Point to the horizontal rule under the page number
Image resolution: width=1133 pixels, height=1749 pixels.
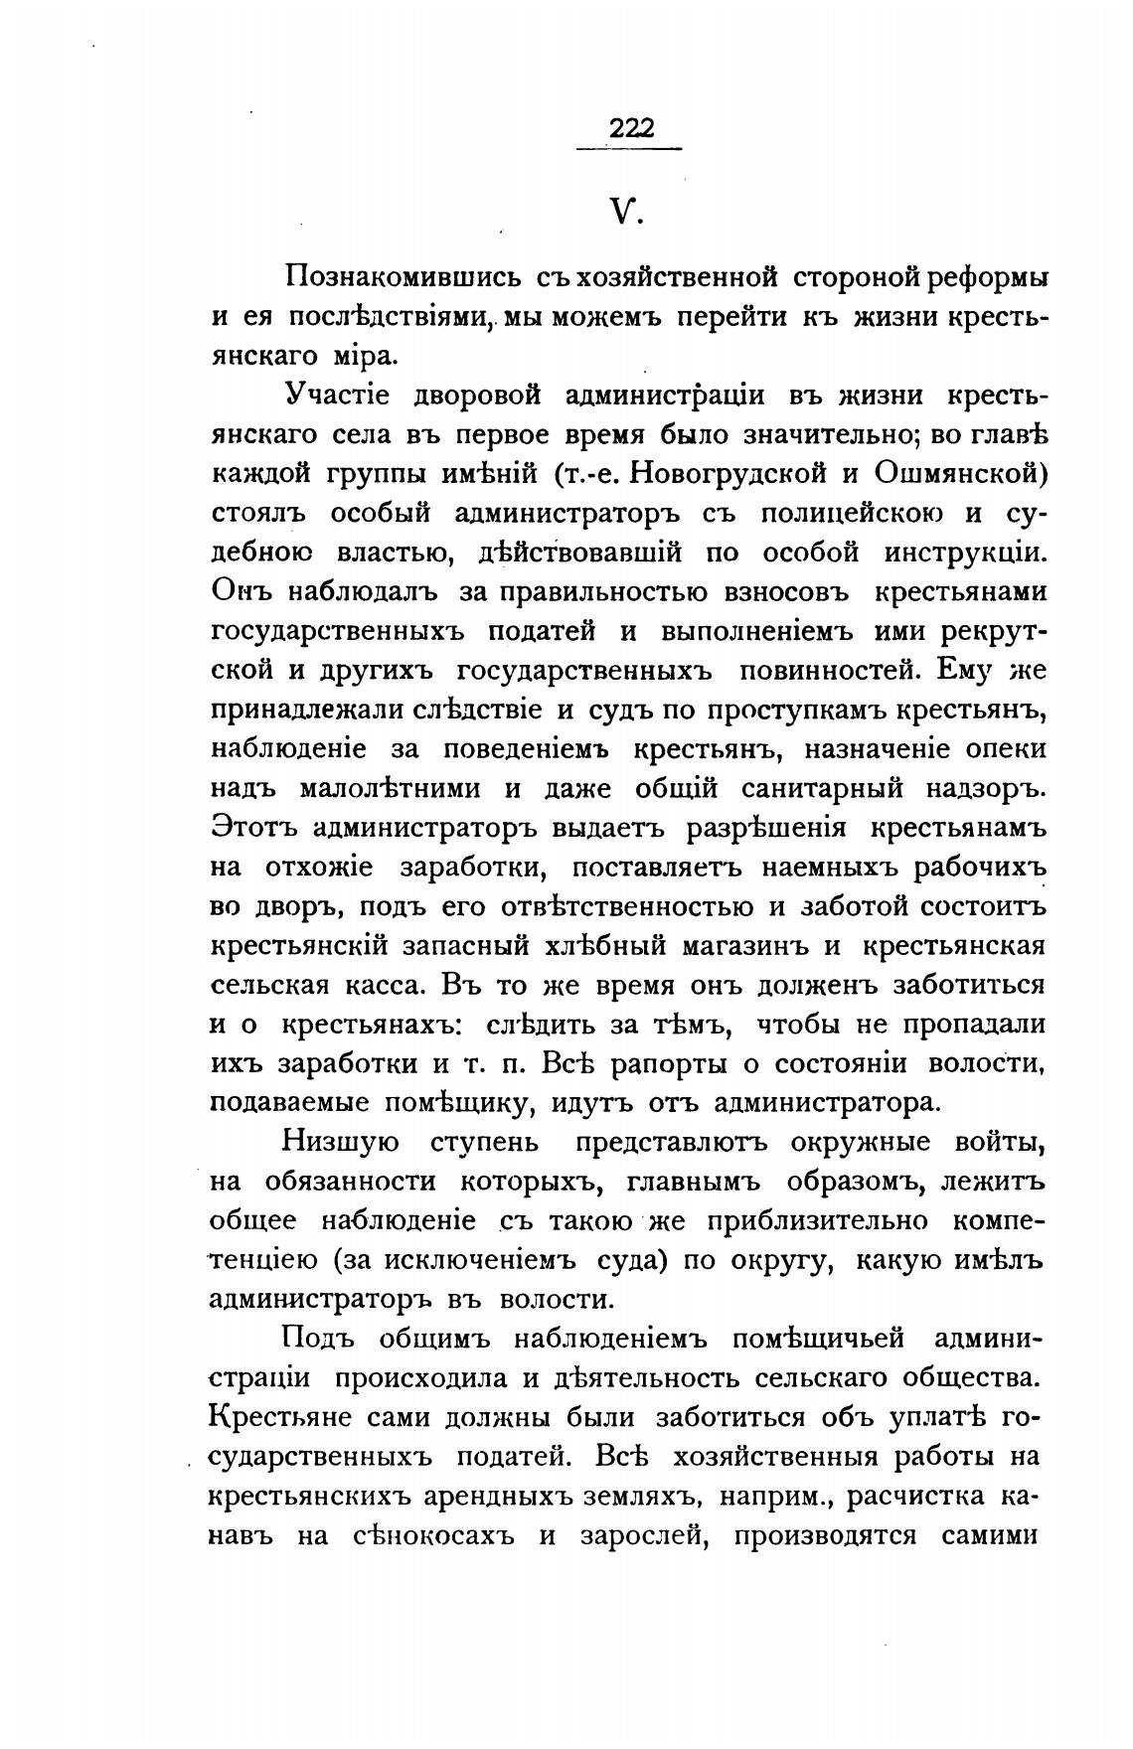[x=629, y=149]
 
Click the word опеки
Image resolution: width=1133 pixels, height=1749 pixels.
[x=1003, y=748]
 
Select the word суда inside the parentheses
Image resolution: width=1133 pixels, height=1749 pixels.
[x=625, y=1260]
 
